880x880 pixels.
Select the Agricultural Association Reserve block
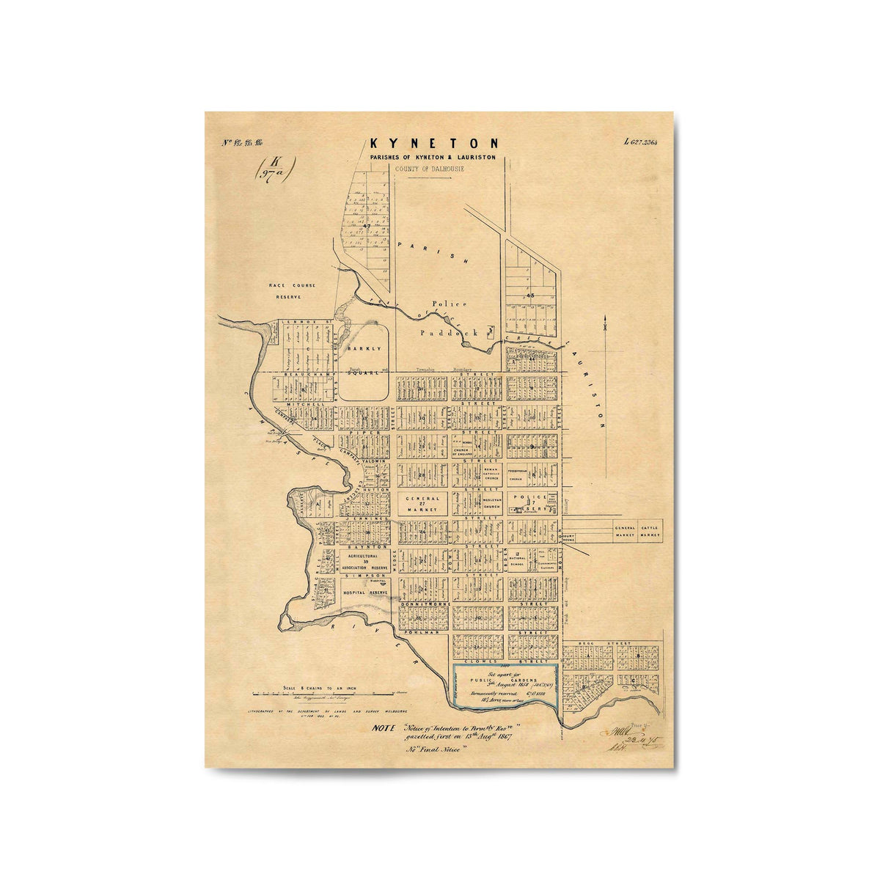point(363,561)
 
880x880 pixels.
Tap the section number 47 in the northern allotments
point(366,226)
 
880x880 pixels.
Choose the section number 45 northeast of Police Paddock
point(528,294)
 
